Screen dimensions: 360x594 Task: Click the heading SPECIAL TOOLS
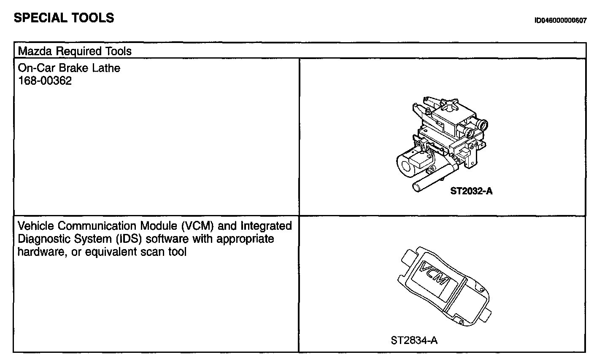click(x=64, y=18)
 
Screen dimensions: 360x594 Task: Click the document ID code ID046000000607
click(x=560, y=20)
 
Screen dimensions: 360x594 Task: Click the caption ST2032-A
click(x=471, y=191)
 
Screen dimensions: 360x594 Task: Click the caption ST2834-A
click(x=414, y=341)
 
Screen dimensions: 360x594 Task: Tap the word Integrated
click(x=266, y=226)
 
